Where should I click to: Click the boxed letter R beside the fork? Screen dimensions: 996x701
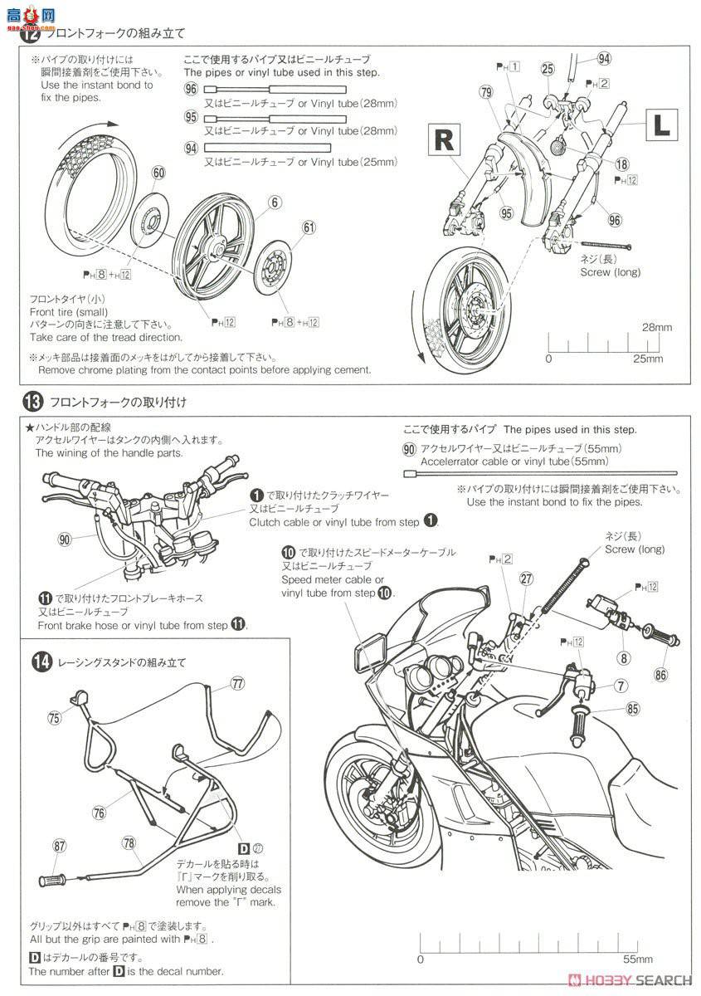pos(445,140)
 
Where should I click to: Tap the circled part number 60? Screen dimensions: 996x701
pos(158,173)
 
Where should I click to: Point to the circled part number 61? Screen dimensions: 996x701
pos(309,227)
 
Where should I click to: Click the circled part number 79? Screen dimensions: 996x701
pos(485,92)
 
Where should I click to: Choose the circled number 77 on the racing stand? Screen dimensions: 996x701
pos(238,683)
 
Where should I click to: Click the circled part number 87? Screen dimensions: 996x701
pos(59,845)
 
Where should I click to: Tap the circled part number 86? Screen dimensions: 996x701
pos(661,674)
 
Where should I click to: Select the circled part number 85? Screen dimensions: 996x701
pos(633,710)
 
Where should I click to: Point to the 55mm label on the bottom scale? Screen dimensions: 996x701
pos(637,959)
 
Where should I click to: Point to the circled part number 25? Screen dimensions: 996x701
pos(548,69)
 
